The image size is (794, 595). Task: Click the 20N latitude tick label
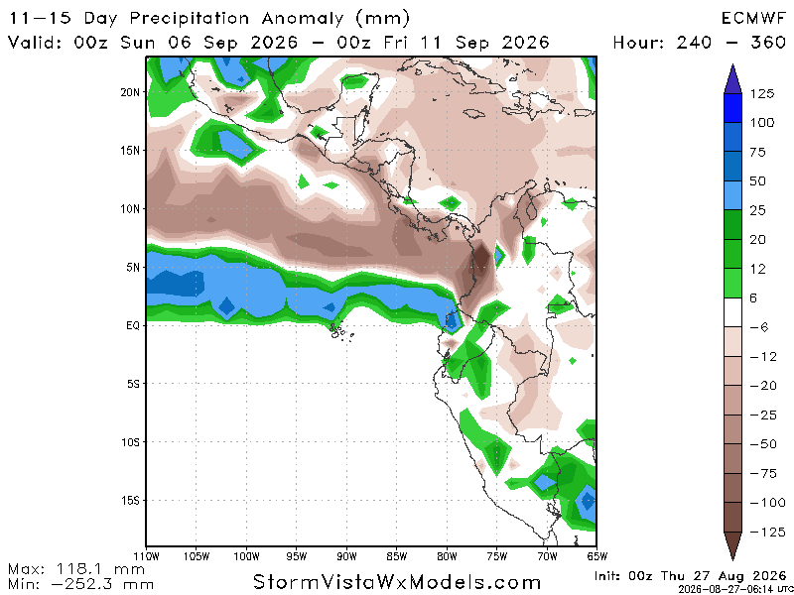130,92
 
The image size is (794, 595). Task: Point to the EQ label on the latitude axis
133,326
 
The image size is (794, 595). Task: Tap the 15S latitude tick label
130,501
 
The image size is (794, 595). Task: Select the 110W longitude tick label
146,557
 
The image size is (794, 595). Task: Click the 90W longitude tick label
346,557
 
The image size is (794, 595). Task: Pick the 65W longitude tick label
597,557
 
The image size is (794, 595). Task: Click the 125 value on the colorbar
762,93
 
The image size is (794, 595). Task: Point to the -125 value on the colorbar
765,532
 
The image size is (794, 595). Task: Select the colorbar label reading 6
753,298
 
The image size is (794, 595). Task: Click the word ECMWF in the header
753,19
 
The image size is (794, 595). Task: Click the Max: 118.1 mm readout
76,569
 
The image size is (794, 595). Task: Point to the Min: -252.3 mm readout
81,584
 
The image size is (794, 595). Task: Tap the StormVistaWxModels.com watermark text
396,582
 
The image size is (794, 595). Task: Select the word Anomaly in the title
303,19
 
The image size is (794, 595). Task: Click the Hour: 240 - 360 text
700,42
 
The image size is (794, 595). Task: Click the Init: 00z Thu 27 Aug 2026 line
691,576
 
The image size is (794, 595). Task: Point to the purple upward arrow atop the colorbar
732,79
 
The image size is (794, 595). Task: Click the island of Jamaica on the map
471,113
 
